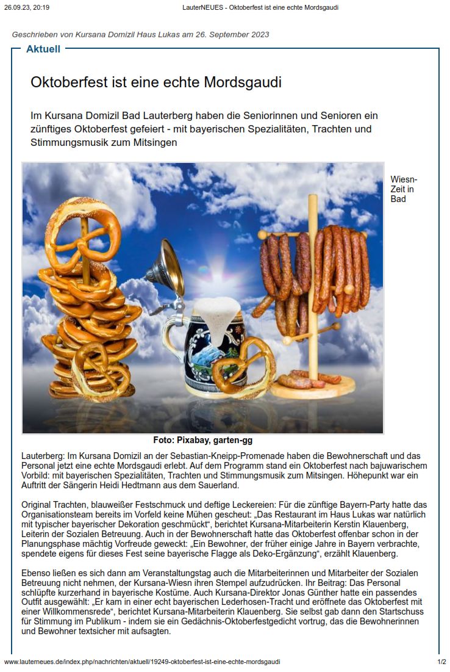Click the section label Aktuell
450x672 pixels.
(x=43, y=49)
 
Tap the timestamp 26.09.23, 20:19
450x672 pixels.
(x=27, y=7)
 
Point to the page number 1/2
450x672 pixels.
(x=441, y=662)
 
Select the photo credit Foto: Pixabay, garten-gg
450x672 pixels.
(x=202, y=439)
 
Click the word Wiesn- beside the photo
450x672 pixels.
(x=404, y=179)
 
